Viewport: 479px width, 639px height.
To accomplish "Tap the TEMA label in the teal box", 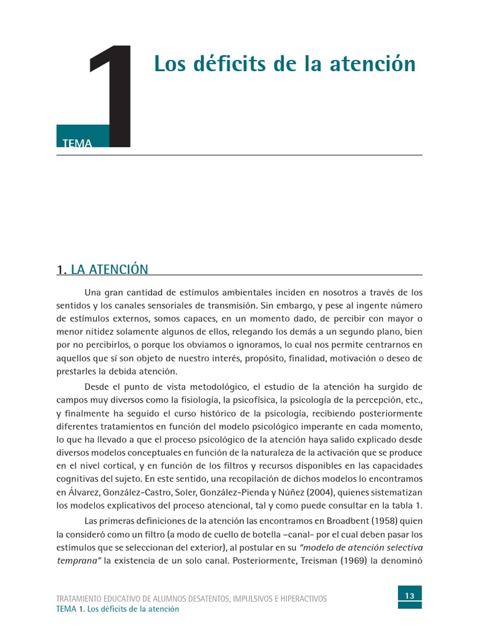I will click(77, 144).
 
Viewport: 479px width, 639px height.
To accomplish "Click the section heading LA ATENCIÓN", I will click(110, 270).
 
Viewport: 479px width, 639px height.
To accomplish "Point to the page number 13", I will click(410, 596).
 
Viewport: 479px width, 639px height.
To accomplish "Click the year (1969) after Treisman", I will click(383, 560).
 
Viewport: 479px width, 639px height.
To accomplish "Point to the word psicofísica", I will click(230, 399).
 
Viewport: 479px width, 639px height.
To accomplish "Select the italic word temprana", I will click(77, 560).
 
